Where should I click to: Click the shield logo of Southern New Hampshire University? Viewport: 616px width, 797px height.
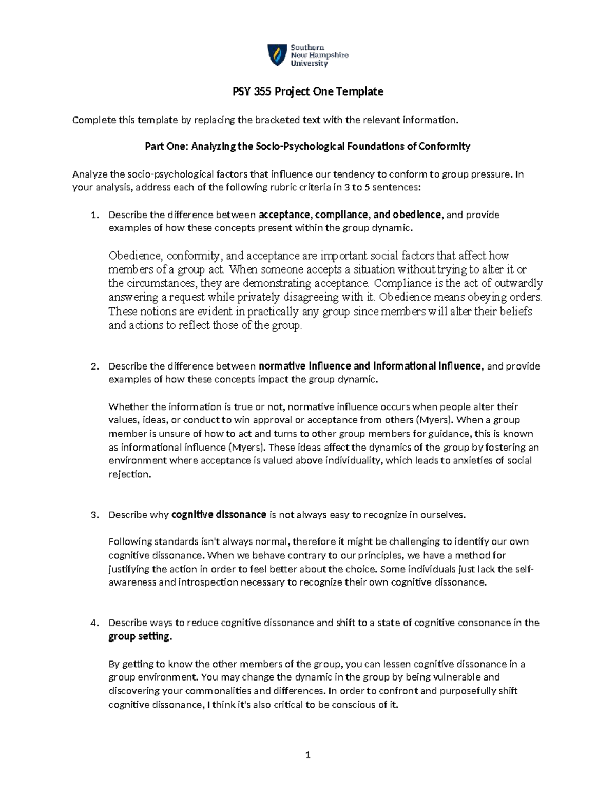277,55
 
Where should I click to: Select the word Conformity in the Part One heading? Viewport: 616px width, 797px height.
445,147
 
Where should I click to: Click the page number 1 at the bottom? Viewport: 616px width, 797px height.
308,755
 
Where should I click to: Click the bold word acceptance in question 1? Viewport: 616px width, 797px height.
285,215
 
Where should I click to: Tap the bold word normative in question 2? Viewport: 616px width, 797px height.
282,366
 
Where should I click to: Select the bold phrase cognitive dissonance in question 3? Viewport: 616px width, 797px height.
219,514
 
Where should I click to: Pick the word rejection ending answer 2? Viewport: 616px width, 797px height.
129,474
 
